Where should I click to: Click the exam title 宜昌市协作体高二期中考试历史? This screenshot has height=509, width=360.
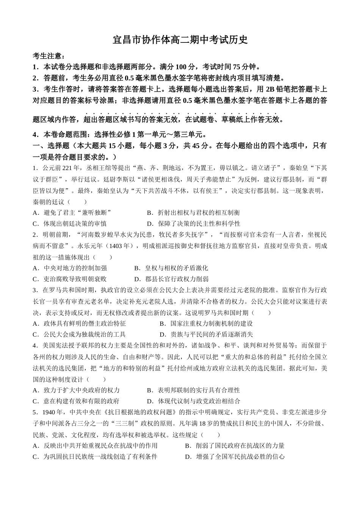(180, 40)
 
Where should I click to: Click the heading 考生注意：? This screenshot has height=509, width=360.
(49, 56)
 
